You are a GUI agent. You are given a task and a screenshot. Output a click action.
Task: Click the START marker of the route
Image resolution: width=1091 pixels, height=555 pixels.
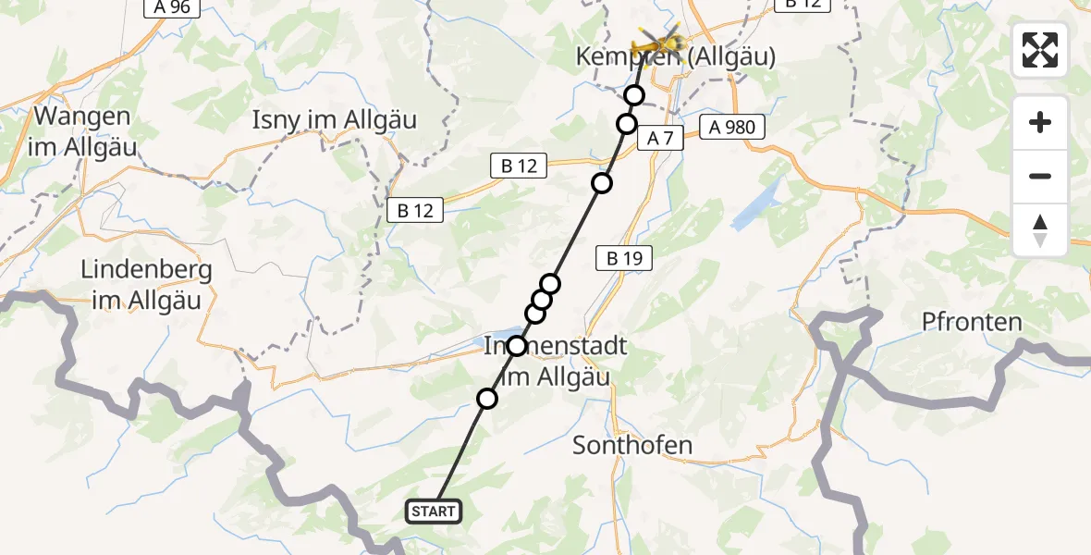(x=433, y=512)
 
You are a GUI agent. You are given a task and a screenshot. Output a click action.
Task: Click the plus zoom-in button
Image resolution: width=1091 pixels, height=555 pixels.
(x=1040, y=123)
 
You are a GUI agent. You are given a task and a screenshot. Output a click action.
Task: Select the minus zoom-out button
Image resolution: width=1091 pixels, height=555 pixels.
(x=1040, y=176)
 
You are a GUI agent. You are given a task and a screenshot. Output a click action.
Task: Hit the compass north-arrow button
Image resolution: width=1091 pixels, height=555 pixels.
(x=1040, y=229)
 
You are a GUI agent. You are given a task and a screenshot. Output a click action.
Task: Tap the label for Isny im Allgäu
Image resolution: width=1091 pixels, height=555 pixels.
(x=335, y=119)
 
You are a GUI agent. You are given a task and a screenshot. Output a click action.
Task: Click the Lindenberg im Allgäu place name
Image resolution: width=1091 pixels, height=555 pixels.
(x=147, y=286)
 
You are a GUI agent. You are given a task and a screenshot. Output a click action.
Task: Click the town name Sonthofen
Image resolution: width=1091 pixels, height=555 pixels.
(x=632, y=445)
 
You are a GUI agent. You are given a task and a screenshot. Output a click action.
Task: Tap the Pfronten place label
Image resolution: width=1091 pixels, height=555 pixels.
(x=972, y=322)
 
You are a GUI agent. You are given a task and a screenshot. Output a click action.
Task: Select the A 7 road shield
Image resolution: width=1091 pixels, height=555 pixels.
(x=660, y=139)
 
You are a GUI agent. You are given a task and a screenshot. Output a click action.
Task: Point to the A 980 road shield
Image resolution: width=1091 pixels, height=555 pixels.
(x=733, y=128)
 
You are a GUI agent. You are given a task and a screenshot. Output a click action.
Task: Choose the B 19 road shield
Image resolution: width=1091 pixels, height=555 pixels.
(x=624, y=259)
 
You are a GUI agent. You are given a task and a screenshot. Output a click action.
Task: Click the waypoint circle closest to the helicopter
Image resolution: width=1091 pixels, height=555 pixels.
(x=634, y=94)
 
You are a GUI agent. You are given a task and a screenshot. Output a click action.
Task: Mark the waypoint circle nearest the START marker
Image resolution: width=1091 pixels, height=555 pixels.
(x=486, y=399)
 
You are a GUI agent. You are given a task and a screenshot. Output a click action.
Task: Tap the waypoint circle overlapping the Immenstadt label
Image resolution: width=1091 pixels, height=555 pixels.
(x=517, y=346)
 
